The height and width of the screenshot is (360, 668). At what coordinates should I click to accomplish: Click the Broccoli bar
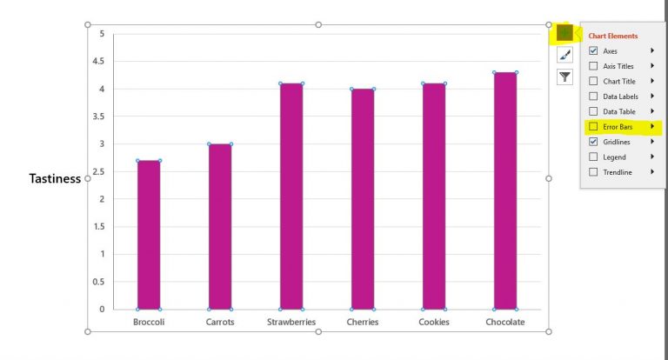[149, 235]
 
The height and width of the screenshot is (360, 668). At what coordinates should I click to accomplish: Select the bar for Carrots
[220, 226]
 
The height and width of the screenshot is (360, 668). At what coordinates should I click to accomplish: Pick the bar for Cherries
[363, 199]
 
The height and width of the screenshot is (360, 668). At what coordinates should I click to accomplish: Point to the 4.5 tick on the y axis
[101, 62]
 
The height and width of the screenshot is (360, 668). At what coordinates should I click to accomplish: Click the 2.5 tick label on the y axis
[101, 171]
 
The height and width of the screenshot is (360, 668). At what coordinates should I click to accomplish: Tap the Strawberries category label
[291, 322]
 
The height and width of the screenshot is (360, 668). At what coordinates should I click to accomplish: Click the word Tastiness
[55, 178]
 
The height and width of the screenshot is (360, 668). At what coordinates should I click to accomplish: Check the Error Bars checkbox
[593, 127]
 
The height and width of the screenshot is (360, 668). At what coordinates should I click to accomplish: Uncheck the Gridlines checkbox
[593, 142]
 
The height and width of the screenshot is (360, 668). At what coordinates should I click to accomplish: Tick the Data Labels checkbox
[593, 97]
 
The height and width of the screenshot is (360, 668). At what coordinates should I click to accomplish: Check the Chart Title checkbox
[593, 81]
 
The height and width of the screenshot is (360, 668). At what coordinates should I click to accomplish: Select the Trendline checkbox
[593, 172]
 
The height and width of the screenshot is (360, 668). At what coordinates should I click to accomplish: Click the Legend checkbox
[593, 157]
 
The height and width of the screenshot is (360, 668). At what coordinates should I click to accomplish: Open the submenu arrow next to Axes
[651, 51]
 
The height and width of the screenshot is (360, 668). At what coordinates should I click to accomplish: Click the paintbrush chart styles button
[565, 55]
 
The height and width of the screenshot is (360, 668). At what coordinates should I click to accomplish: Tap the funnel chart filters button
[565, 77]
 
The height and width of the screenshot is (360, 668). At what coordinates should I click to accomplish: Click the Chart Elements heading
[613, 36]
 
